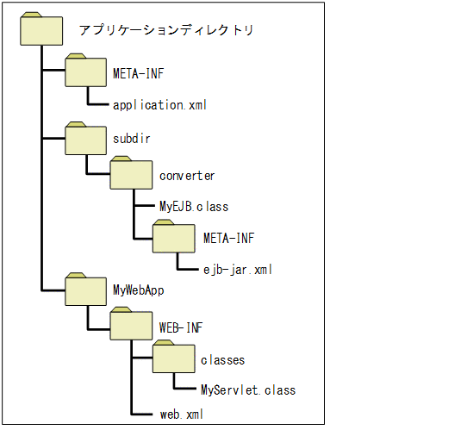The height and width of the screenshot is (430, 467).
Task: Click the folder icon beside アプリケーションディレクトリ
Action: click(x=41, y=29)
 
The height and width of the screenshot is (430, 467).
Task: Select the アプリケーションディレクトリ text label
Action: click(x=165, y=30)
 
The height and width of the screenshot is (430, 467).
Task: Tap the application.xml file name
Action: click(x=160, y=105)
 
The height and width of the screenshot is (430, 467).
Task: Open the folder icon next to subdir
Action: click(x=85, y=137)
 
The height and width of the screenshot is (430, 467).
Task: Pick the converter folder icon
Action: click(x=129, y=175)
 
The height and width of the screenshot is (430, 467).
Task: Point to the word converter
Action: click(x=187, y=176)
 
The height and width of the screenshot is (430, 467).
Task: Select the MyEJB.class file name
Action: click(x=193, y=207)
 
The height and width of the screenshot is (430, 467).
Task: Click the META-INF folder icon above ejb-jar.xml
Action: click(x=174, y=236)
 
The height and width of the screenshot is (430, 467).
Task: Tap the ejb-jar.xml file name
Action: click(x=232, y=269)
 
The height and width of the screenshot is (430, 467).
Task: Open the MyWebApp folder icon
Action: click(x=85, y=290)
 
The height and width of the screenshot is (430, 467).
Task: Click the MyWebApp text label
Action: click(x=139, y=290)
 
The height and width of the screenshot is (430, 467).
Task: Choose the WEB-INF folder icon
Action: click(x=129, y=326)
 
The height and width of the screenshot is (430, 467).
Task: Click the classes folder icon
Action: click(x=174, y=358)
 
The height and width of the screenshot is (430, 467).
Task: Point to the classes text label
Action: click(x=222, y=359)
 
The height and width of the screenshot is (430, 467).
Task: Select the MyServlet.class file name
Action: click(x=247, y=390)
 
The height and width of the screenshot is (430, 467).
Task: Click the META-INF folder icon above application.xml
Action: click(x=85, y=72)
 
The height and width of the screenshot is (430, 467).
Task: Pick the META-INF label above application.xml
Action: click(x=138, y=74)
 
